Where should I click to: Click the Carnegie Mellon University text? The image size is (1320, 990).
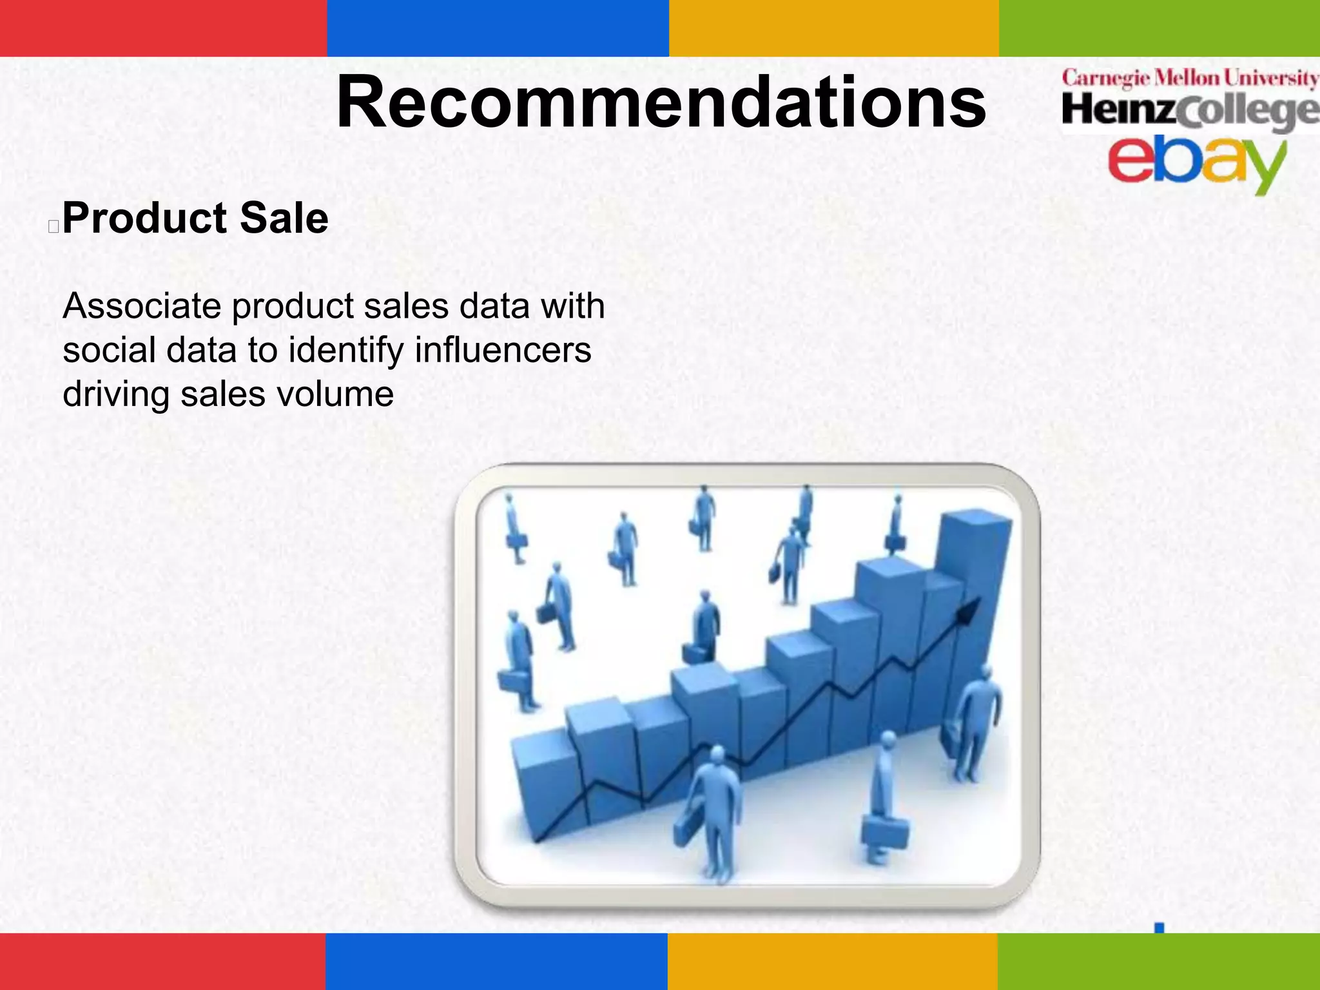(1190, 78)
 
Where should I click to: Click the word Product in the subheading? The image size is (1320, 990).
(145, 218)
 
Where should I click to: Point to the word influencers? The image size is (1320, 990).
(503, 350)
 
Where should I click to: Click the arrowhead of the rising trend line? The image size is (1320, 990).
(969, 609)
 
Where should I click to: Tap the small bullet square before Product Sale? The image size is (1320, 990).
(53, 226)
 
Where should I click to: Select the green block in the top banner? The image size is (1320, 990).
(1159, 28)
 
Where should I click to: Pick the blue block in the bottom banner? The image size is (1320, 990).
(496, 961)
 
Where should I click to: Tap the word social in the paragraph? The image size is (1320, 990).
(109, 350)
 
